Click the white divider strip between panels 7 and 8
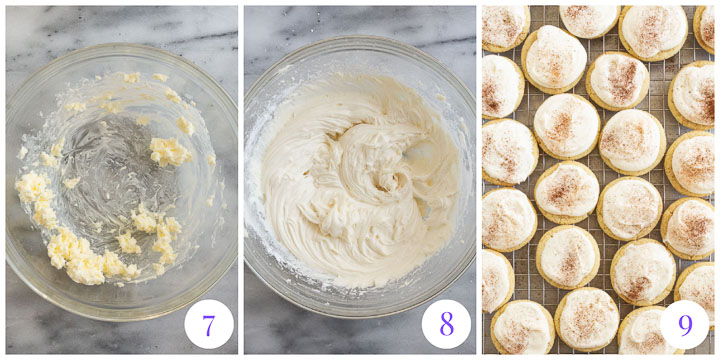click(x=240, y=180)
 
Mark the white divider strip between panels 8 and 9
click(x=478, y=180)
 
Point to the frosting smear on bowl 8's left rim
click(x=258, y=180)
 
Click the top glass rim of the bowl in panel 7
click(x=120, y=46)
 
